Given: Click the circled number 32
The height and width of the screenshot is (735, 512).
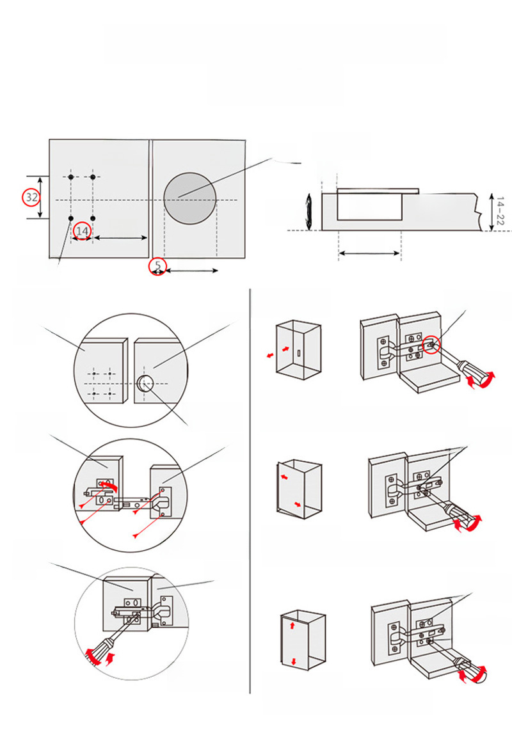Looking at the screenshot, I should pos(31,197).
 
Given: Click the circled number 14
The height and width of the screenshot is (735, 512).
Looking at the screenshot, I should pos(82,230).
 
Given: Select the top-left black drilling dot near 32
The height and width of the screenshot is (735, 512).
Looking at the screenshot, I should pos(71,177).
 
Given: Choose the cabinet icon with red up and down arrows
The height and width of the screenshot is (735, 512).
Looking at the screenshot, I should pos(302,642).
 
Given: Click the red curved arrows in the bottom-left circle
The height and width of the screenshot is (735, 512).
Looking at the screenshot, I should pos(99,656).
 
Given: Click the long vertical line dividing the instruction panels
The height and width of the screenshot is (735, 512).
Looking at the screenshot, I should pos(250,493).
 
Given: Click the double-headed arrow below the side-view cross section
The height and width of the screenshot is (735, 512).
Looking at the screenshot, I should pos(369,253).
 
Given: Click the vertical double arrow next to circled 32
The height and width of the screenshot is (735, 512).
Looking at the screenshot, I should pos(41,197).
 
